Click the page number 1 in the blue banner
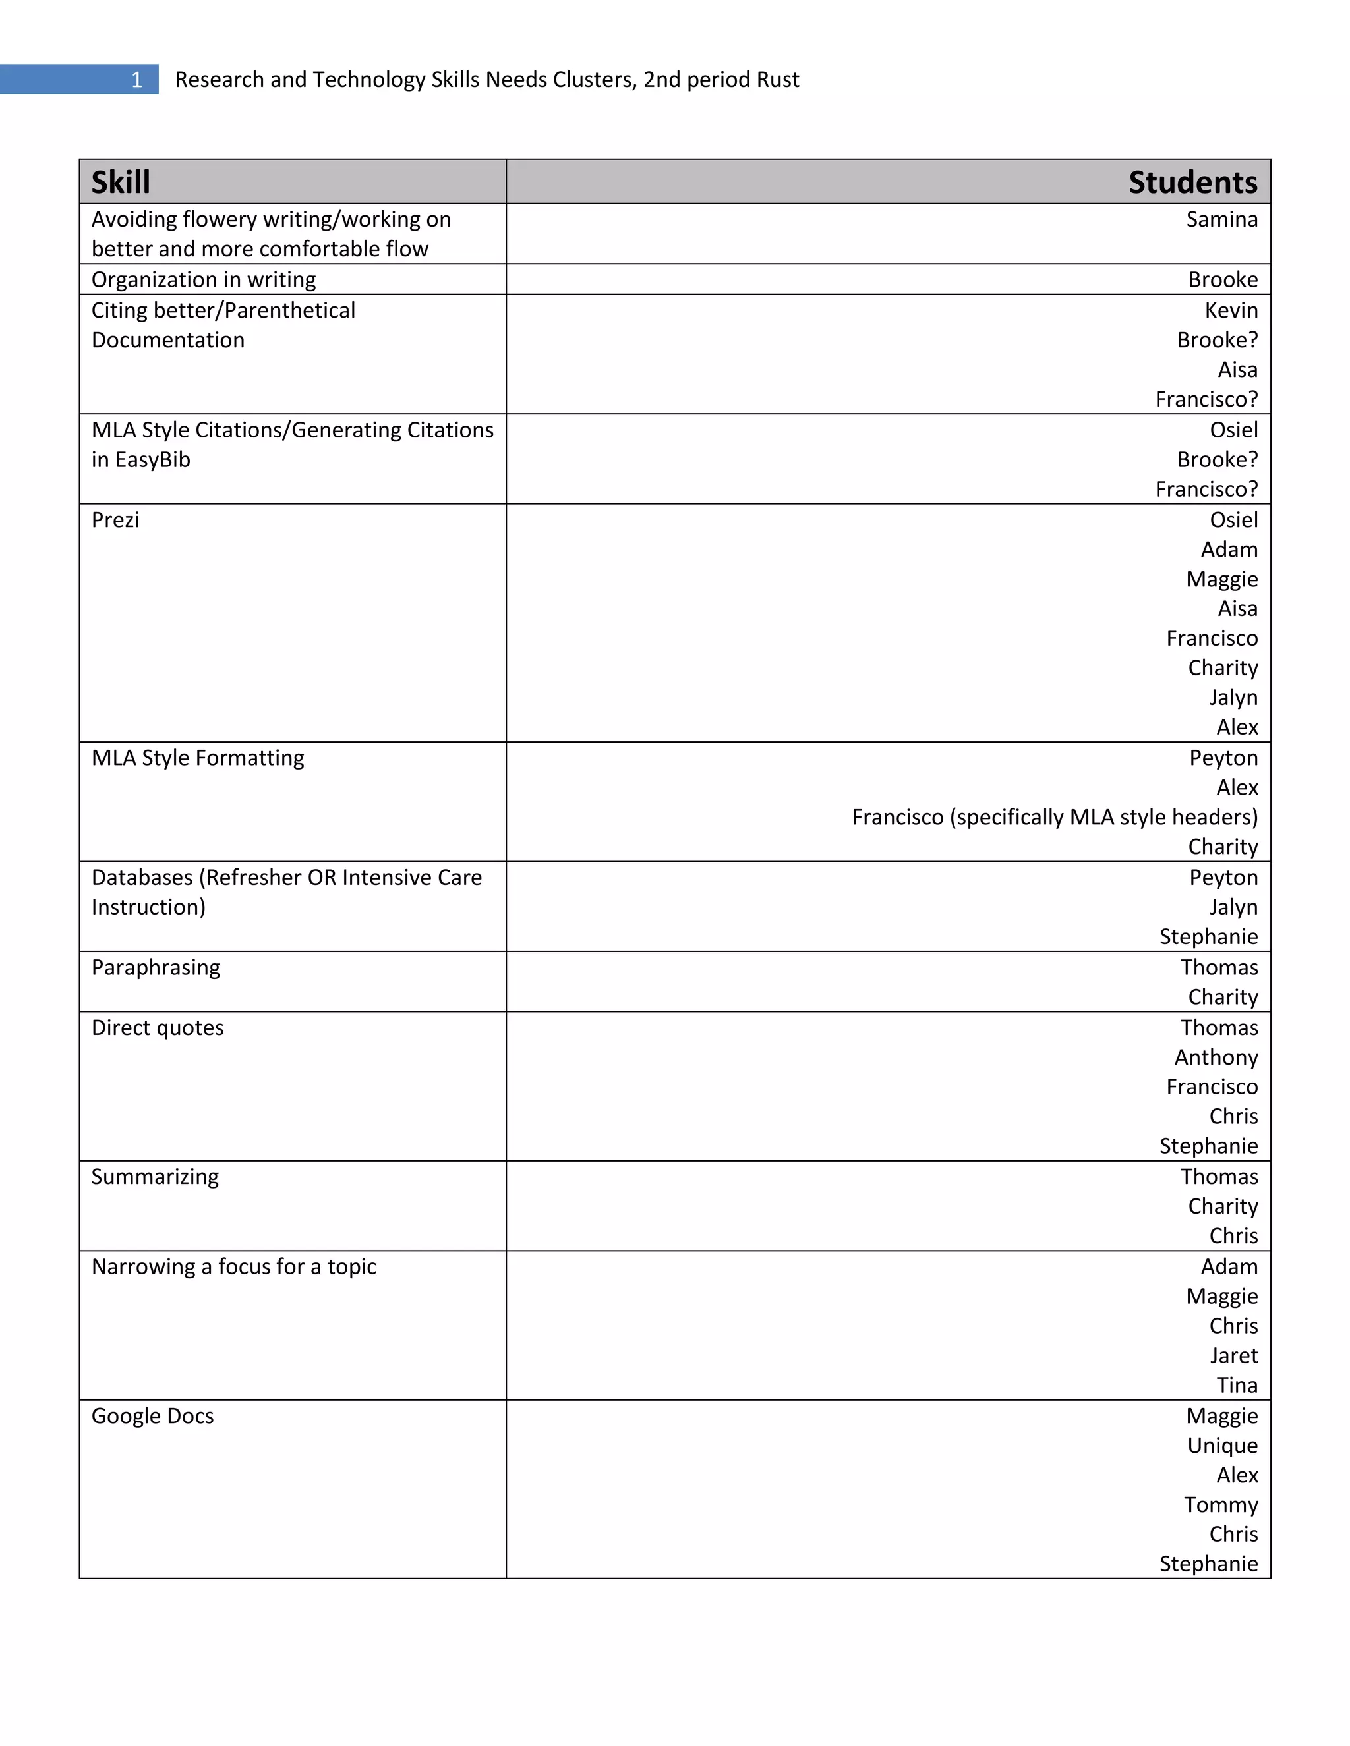click(x=136, y=80)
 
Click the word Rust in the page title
click(x=778, y=80)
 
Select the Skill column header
click(x=121, y=183)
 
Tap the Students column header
click(x=1192, y=183)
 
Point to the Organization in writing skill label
click(x=203, y=280)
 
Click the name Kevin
click(x=1231, y=310)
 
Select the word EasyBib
click(x=152, y=460)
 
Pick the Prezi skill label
click(x=115, y=521)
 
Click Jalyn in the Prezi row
click(x=1233, y=698)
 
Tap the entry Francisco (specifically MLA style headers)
click(x=1054, y=817)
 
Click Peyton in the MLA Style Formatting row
click(x=1223, y=758)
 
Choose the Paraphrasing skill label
click(x=156, y=967)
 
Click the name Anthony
click(x=1216, y=1057)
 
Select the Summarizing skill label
click(x=155, y=1177)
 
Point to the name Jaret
click(x=1233, y=1356)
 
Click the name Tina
click(x=1237, y=1386)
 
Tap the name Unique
click(x=1222, y=1446)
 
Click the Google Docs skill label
click(x=153, y=1417)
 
